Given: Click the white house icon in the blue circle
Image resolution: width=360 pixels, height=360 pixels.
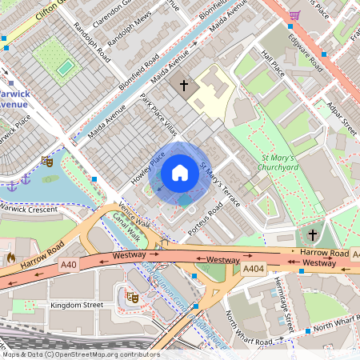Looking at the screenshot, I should click(180, 173).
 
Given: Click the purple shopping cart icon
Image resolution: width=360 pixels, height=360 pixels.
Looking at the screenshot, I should click(294, 14).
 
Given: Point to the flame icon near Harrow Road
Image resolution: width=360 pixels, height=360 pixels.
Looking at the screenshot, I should click(10, 258).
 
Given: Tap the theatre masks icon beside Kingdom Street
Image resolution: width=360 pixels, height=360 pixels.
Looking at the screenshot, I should click(133, 298).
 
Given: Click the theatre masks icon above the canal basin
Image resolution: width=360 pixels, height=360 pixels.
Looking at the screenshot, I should click(47, 162).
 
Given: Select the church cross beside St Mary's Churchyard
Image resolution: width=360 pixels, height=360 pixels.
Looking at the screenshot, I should click(312, 234).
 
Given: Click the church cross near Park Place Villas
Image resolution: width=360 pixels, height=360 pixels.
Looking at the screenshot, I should click(184, 84).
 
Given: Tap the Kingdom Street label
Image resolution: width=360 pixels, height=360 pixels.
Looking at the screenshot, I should click(77, 306).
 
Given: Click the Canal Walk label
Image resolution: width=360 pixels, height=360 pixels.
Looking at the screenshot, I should click(126, 227).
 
